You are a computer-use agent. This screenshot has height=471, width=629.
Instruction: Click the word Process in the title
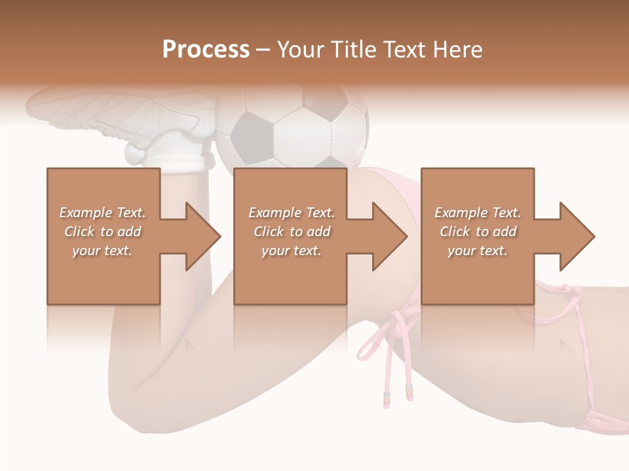point(206,50)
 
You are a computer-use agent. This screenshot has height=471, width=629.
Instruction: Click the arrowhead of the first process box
point(203,236)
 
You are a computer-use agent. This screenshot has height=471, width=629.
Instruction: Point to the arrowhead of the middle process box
point(391,236)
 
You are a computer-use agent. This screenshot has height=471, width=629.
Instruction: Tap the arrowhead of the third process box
point(578,236)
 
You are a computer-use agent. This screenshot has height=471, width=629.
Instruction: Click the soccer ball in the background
point(292,128)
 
